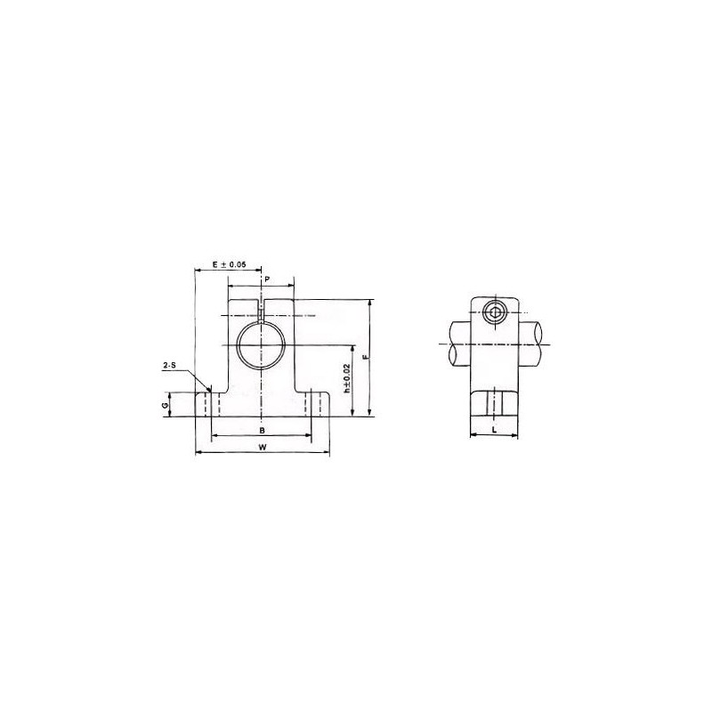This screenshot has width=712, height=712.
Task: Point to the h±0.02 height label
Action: click(x=346, y=378)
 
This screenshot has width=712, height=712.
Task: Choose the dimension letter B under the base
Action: click(x=261, y=430)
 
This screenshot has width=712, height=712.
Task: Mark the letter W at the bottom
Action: click(x=262, y=448)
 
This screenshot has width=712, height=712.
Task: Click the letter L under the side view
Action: click(x=493, y=429)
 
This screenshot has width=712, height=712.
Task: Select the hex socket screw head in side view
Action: click(x=495, y=311)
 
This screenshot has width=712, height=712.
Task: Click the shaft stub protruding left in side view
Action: click(x=457, y=343)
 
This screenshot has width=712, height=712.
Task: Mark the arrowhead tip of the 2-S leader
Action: click(x=209, y=391)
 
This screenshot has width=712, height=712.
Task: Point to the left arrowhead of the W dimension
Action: click(x=197, y=454)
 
